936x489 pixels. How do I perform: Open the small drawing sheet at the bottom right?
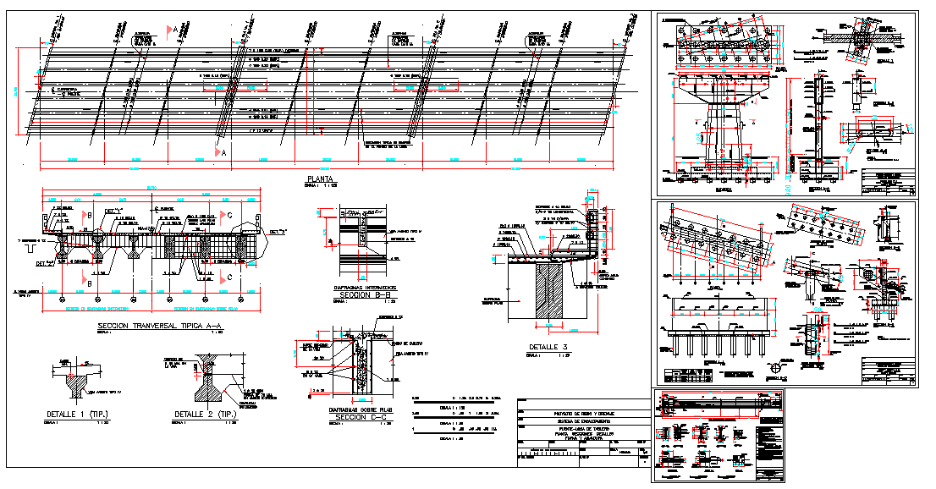719,436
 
